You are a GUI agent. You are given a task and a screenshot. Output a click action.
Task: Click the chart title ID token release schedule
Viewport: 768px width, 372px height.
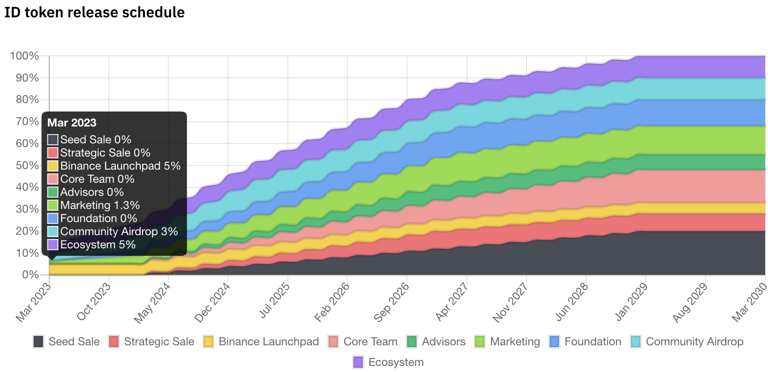tap(94, 12)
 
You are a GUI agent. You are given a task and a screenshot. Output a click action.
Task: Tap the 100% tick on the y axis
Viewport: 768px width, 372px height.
tap(24, 56)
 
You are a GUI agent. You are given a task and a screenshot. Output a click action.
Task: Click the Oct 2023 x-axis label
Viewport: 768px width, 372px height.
tap(94, 301)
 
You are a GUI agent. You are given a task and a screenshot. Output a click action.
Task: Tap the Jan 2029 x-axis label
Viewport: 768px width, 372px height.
tap(630, 302)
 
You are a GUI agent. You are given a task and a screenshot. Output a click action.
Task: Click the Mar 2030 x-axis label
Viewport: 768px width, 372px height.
tap(749, 302)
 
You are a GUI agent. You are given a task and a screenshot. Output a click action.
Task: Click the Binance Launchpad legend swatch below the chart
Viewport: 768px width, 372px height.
tap(209, 342)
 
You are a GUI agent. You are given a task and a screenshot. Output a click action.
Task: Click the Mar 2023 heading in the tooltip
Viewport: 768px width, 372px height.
tap(72, 123)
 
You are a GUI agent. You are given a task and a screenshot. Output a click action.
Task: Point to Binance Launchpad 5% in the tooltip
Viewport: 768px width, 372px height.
tap(120, 166)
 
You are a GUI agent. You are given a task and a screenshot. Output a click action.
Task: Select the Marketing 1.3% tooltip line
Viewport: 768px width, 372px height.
tap(100, 205)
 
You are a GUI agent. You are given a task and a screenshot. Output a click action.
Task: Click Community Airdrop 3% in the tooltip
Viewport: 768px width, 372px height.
tap(119, 231)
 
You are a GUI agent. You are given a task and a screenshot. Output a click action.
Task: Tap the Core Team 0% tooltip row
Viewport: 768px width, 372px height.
tap(97, 179)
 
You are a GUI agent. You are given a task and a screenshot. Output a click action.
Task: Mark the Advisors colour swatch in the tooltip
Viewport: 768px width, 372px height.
tap(53, 192)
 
